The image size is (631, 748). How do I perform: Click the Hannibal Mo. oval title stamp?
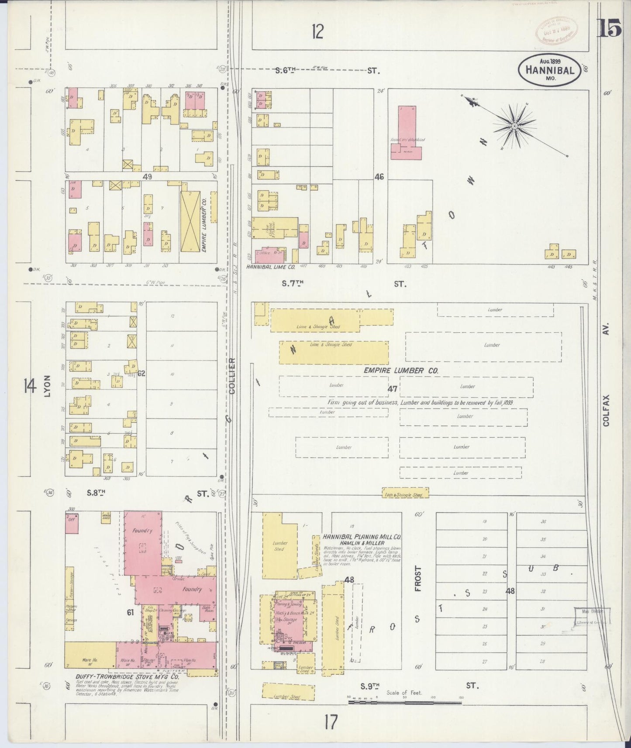coord(549,70)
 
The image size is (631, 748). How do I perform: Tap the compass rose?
coord(514,126)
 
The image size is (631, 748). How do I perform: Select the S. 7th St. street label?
coord(293,284)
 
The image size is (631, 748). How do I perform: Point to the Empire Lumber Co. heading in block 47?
coord(401,370)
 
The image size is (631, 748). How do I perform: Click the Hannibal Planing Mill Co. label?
coord(362,537)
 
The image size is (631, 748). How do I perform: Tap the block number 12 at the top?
coord(317,32)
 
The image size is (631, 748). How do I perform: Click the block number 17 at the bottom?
coord(331,722)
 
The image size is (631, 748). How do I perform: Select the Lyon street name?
coord(47,386)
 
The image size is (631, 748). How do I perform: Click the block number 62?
coord(141,374)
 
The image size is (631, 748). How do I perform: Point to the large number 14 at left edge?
coord(29,386)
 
